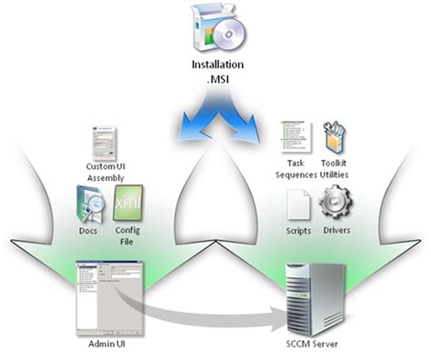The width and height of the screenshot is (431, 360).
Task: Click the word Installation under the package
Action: (215, 65)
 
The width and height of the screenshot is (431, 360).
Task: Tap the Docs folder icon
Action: (89, 205)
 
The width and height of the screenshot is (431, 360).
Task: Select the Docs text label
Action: (89, 232)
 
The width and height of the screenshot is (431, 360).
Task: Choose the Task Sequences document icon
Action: (296, 137)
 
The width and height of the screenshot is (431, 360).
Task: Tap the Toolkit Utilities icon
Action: (334, 136)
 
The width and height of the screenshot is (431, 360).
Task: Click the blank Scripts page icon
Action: (298, 205)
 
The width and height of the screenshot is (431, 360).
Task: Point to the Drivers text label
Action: (335, 232)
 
